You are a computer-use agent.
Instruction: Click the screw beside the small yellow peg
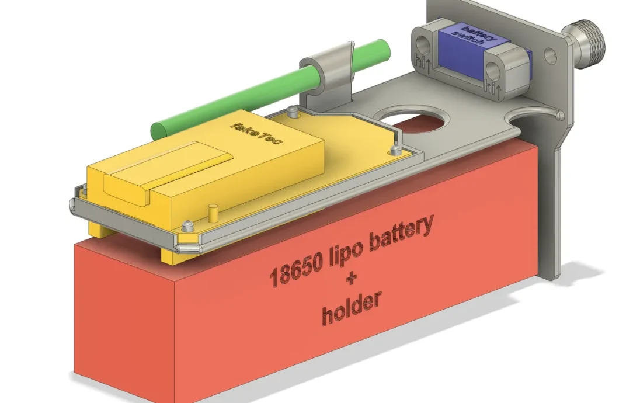187,225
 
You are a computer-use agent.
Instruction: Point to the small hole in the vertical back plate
549,56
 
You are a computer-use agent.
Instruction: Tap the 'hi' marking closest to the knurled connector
489,84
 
